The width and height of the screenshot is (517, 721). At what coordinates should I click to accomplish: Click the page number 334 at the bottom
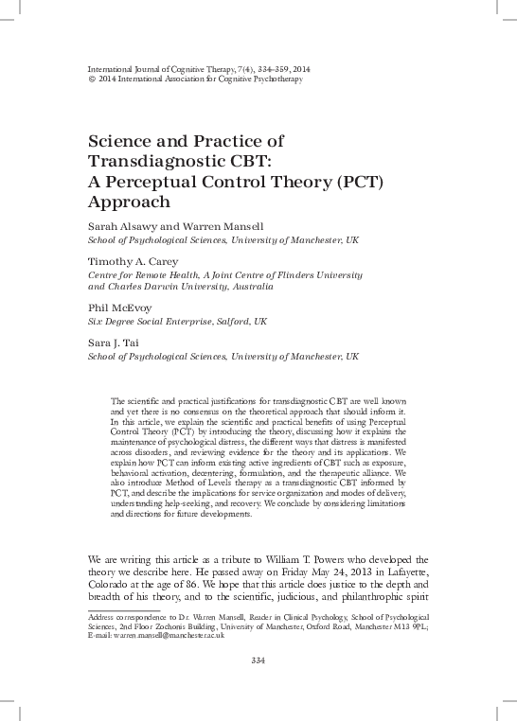click(258, 659)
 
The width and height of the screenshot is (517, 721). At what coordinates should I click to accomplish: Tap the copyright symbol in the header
click(90, 79)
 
